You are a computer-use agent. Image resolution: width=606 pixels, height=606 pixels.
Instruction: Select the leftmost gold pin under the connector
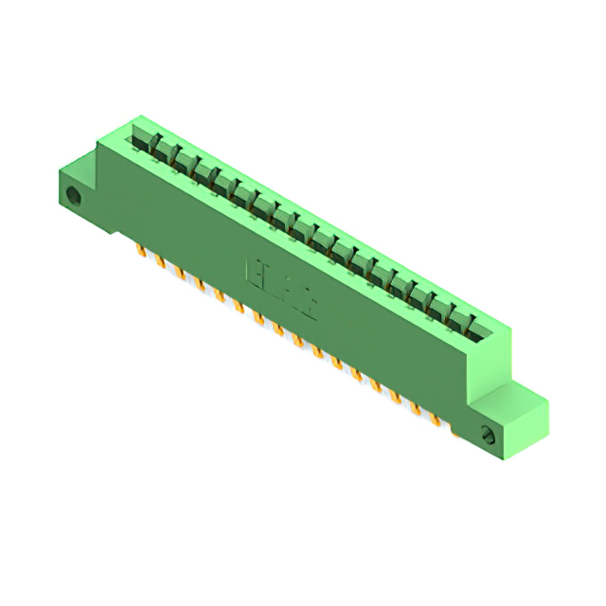point(140,251)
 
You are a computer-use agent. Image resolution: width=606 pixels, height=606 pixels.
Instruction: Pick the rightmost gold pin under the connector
point(437,418)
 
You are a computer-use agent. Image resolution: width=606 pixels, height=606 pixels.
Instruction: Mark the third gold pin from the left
point(179,273)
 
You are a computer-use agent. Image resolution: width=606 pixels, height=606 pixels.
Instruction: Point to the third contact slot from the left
point(182,162)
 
